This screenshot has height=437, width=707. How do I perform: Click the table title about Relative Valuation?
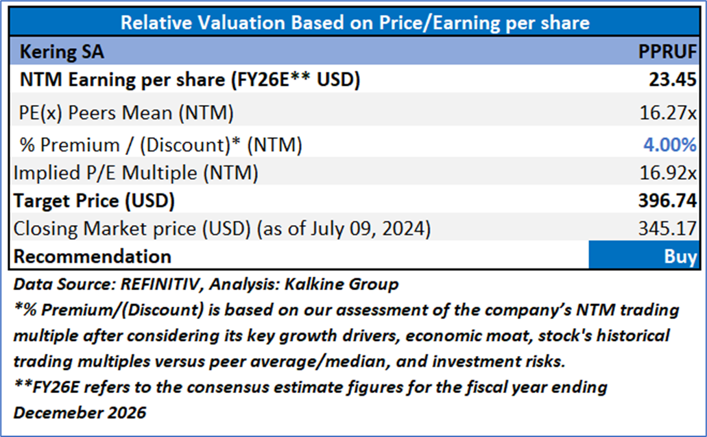click(x=355, y=23)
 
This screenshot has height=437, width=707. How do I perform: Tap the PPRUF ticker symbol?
click(x=667, y=51)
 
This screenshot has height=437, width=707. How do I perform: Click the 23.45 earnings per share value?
click(x=673, y=80)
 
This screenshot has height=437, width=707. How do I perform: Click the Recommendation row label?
click(x=93, y=257)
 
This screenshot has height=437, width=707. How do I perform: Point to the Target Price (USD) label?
click(x=95, y=202)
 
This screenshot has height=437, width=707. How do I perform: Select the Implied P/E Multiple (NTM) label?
click(x=136, y=174)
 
